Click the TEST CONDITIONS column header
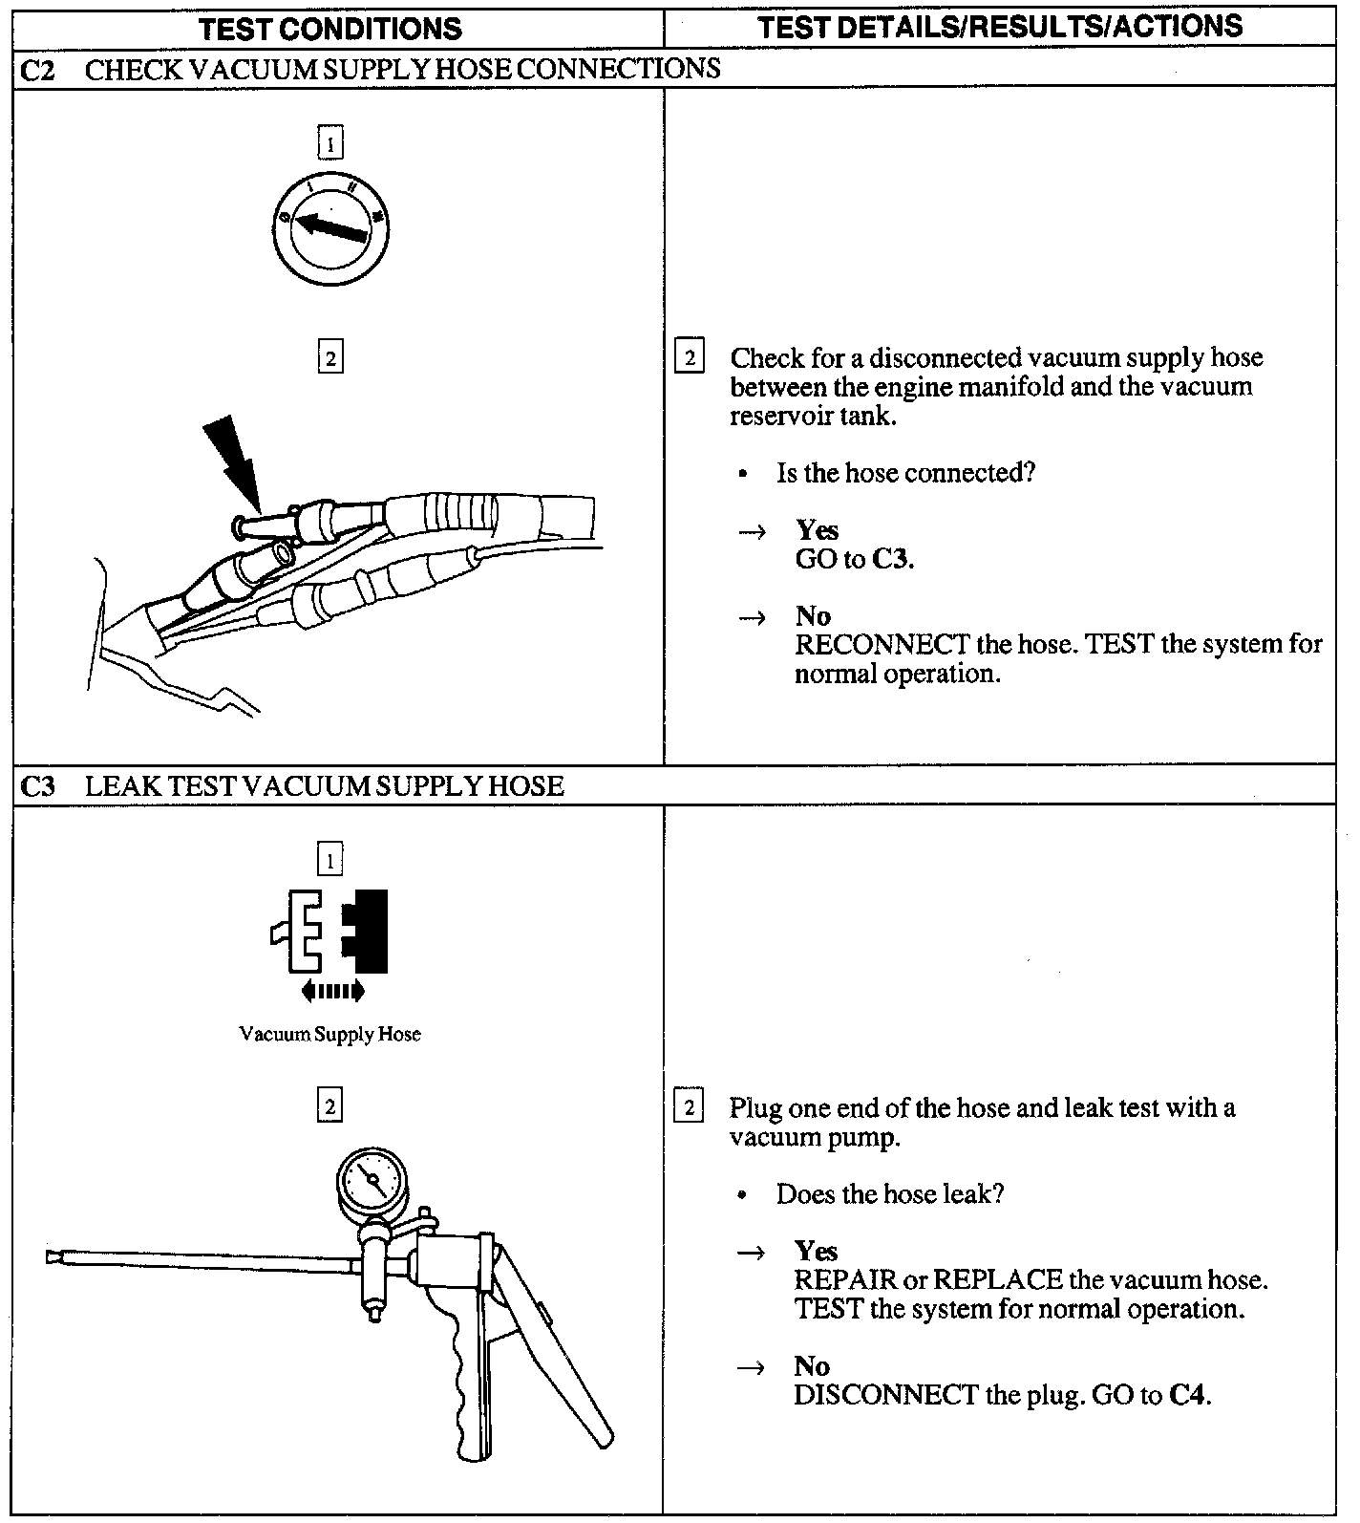tap(330, 28)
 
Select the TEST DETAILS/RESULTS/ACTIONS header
tap(1000, 26)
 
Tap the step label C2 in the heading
tap(37, 70)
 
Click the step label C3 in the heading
tap(37, 786)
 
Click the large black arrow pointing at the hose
tap(232, 458)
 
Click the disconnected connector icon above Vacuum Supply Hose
tap(330, 932)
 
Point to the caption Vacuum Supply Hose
tap(329, 1034)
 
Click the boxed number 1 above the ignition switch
tap(329, 144)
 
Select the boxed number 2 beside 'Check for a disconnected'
tap(689, 358)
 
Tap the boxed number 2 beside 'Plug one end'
tap(689, 1108)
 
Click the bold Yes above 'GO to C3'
tap(818, 530)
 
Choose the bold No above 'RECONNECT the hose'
tap(813, 616)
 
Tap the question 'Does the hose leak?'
tap(890, 1194)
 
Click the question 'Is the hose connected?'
tap(905, 474)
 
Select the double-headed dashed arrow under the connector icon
tap(332, 992)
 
